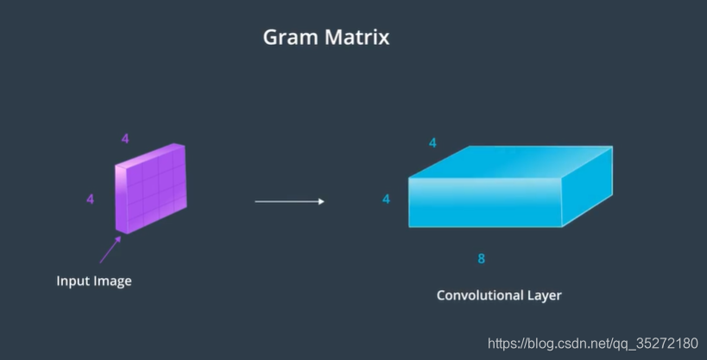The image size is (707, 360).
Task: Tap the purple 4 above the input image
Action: pos(125,138)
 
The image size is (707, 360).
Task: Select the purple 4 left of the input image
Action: pos(90,199)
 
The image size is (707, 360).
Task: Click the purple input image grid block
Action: pos(155,186)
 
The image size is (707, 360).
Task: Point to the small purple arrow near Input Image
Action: pos(109,249)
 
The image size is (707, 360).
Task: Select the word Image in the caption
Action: pos(113,281)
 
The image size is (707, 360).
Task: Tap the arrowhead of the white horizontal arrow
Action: pos(320,202)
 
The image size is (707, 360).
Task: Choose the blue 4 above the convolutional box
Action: pos(432,142)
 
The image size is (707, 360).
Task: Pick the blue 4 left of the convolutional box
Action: pos(386,199)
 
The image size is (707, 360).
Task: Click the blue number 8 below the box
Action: pos(482,258)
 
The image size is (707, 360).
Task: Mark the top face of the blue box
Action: pos(511,162)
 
